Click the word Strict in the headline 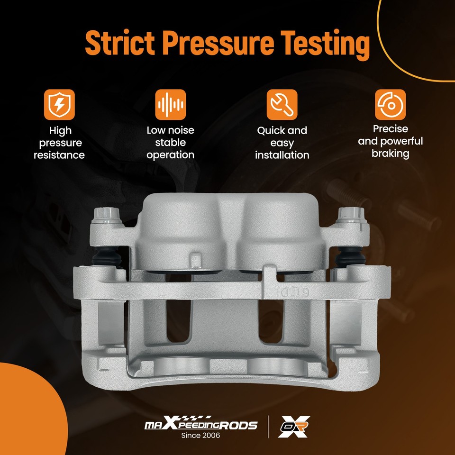pos(120,43)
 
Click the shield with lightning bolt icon pos(60,104)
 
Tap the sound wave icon pos(171,104)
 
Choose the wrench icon pos(282,104)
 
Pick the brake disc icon pos(390,104)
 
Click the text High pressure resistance pos(60,143)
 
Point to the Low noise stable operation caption pos(171,143)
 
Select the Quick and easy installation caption pos(282,143)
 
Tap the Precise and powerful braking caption pos(390,141)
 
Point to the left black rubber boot pos(107,257)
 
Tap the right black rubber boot pos(350,257)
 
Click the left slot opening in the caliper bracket pos(179,321)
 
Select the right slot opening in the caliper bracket pos(271,321)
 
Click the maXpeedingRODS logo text pos(201,424)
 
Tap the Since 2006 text pos(200,435)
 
